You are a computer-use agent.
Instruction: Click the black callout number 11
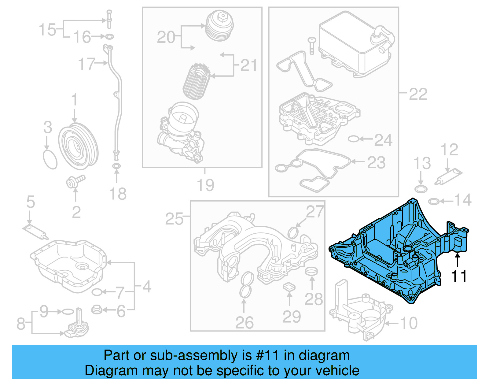pos(458,276)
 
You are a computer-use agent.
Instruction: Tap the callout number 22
pos(418,94)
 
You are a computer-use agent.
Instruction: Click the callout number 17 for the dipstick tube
pos(86,64)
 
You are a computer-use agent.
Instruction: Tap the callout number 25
pos(174,219)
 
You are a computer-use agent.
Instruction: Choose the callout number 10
pos(409,323)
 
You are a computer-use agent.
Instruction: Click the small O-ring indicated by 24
pos(353,139)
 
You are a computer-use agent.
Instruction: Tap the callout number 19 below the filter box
pos(205,185)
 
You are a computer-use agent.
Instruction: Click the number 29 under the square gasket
pos(292,317)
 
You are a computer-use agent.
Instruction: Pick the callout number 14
pos(463,200)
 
